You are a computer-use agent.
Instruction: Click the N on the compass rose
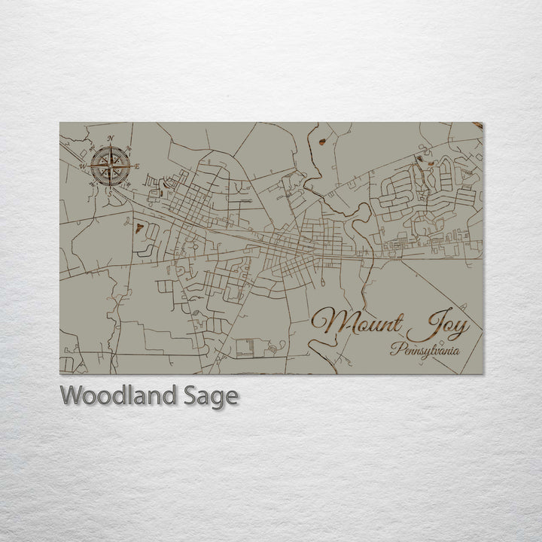[x=110, y=139]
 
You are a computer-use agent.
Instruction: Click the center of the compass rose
[x=109, y=165]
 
